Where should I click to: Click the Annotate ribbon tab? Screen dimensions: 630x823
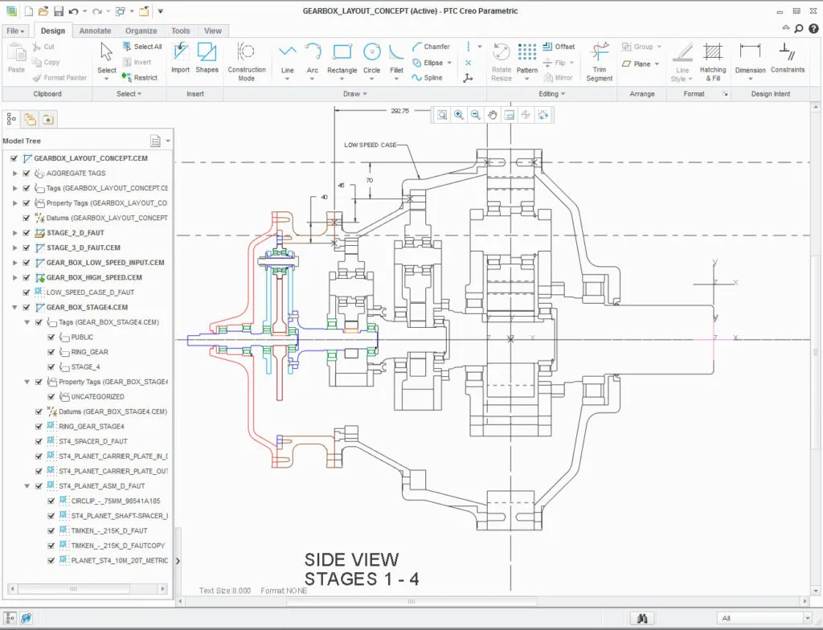95,31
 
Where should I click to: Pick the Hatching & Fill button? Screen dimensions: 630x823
712,60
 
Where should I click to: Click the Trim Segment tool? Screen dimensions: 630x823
599,60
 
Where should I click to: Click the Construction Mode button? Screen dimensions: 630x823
247,60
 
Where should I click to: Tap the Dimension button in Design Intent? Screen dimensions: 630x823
750,60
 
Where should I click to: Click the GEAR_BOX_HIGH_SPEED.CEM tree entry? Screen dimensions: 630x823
93,277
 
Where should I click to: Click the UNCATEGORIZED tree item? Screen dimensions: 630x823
97,396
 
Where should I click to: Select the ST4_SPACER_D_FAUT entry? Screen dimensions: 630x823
92,441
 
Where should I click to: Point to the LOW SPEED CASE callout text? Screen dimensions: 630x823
370,145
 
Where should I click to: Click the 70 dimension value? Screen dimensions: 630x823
370,181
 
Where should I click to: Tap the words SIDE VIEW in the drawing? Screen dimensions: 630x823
351,559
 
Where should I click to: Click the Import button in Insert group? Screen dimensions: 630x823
180,60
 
